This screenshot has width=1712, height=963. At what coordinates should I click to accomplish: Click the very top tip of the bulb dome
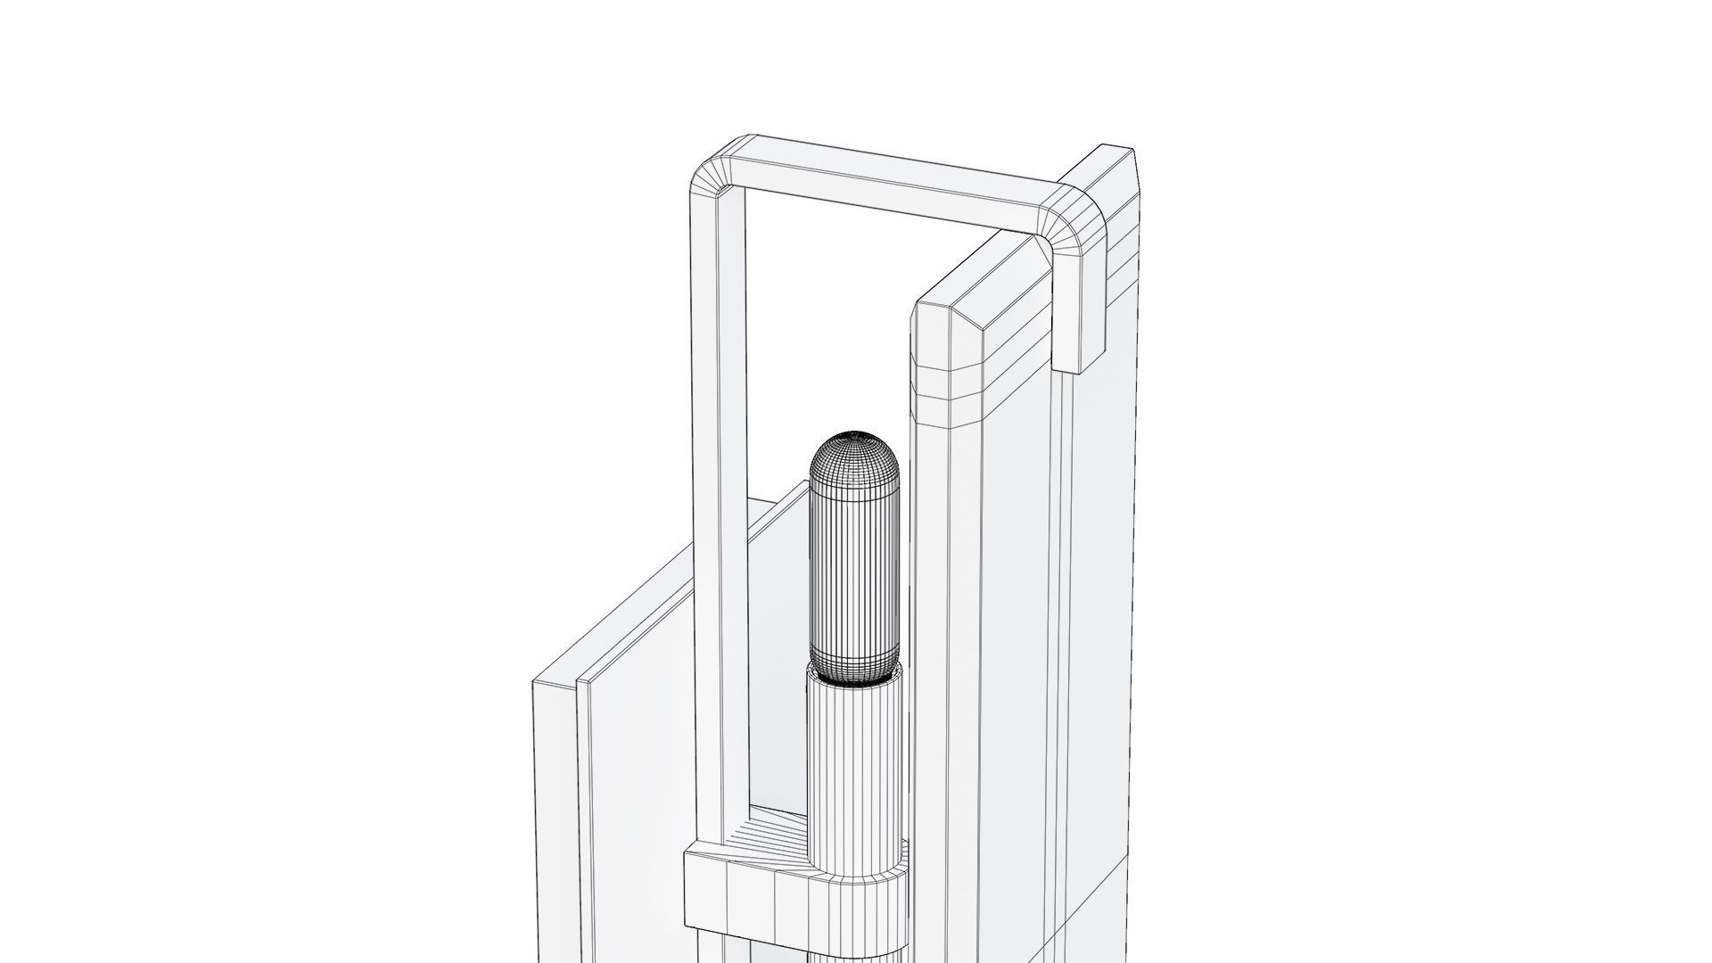[853, 433]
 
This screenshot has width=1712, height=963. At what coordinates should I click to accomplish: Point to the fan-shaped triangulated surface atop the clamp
[767, 843]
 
